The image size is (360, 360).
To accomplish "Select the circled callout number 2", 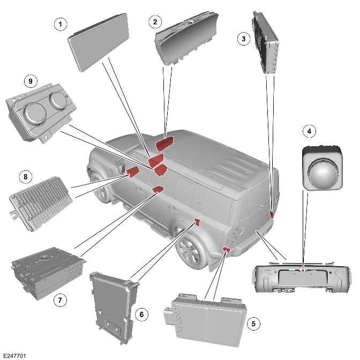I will [x=155, y=21].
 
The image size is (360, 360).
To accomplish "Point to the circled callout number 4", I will [x=308, y=130].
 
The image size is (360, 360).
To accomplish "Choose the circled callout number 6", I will [x=142, y=314].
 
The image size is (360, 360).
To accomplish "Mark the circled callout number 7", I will [x=61, y=301].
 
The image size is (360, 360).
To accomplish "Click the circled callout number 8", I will [x=23, y=175].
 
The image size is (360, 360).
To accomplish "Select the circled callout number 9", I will [x=30, y=81].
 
